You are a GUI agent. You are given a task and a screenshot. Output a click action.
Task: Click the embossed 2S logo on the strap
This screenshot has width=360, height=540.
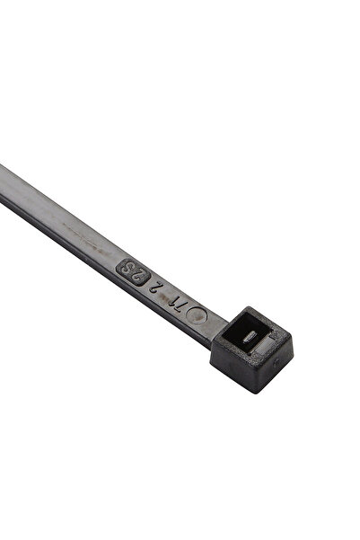point(135,272)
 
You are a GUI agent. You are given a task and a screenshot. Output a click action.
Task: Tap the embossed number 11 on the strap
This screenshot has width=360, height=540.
point(180,305)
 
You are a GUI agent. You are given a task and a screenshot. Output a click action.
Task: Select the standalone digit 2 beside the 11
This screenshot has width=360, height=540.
point(160,290)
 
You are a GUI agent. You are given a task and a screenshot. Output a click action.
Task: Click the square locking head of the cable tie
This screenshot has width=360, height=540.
point(251,350)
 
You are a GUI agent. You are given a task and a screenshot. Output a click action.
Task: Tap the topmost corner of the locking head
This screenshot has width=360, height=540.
point(245,306)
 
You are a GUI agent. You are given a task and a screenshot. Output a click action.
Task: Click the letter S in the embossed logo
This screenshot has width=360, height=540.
point(128,268)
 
